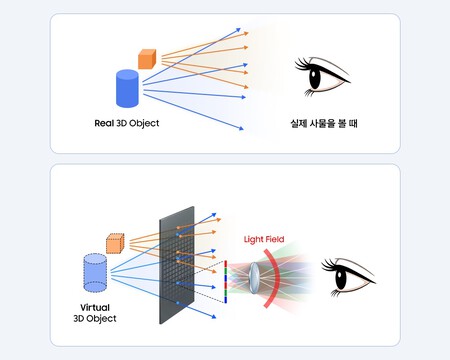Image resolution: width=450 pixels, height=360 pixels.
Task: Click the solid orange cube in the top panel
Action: pyautogui.click(x=147, y=58)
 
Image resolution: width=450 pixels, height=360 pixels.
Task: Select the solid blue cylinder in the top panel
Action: pyautogui.click(x=127, y=88)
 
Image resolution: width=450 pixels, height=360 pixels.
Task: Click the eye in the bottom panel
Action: pyautogui.click(x=348, y=276)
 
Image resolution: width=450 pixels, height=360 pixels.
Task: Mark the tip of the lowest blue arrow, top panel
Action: pyautogui.click(x=245, y=130)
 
